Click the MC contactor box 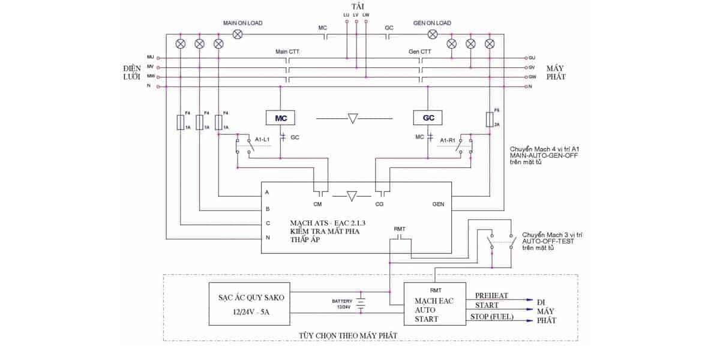click(281, 118)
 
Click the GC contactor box click(428, 118)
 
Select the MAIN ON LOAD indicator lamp click(238, 34)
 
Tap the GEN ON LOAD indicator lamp click(432, 34)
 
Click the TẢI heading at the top click(359, 5)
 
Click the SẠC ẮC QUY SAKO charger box click(248, 304)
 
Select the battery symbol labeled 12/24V click(361, 304)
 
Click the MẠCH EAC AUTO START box click(434, 305)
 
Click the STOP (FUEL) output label click(494, 317)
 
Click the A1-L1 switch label click(262, 139)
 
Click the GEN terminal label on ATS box click(438, 204)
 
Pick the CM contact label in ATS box click(317, 204)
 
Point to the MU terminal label click(151, 56)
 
